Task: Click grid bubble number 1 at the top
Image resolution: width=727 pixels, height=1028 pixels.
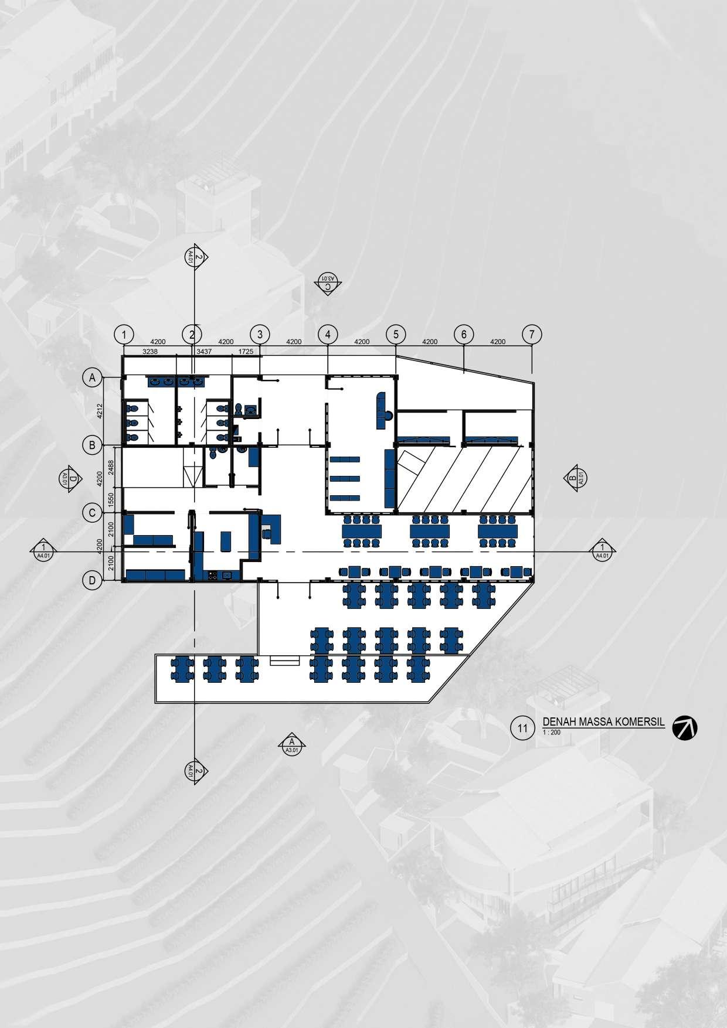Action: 124,335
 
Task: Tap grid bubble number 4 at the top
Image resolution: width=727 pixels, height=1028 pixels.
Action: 328,335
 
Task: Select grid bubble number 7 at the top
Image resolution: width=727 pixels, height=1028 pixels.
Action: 532,335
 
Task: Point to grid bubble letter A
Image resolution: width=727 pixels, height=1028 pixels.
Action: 92,377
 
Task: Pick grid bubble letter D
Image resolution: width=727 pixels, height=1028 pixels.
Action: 92,581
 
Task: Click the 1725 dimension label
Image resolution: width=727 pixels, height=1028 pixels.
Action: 246,352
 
